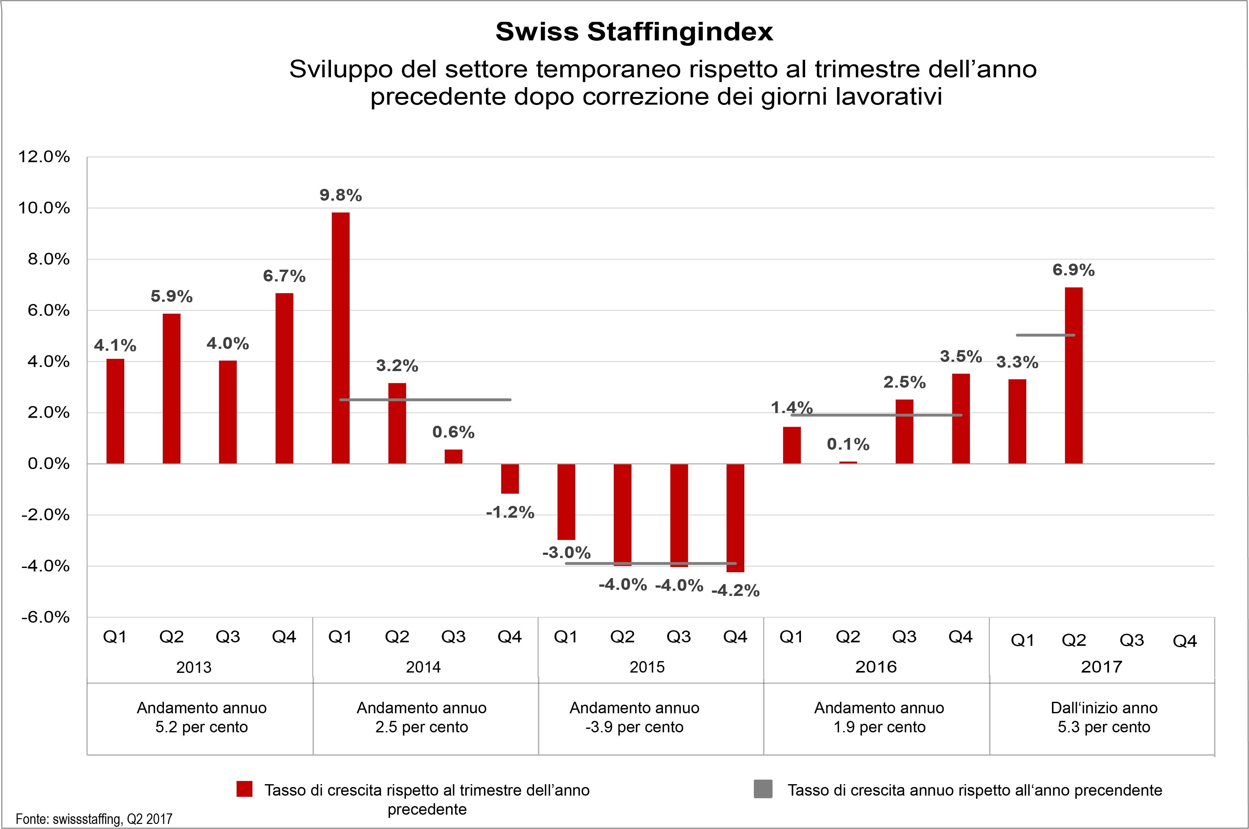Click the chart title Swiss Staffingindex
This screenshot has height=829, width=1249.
[634, 32]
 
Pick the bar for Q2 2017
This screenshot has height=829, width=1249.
[1073, 375]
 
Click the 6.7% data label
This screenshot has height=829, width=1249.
[284, 276]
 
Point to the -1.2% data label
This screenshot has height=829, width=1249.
[510, 512]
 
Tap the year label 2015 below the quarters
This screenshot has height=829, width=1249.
[646, 667]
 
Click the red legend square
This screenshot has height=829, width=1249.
[244, 789]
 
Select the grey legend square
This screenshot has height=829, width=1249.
[763, 789]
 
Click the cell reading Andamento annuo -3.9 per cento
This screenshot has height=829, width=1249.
[634, 717]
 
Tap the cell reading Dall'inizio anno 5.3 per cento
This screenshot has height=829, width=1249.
[1104, 717]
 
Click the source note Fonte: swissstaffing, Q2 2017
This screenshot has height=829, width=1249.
[94, 819]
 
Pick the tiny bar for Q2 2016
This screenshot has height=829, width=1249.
[848, 463]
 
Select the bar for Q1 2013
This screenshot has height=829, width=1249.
[115, 411]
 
